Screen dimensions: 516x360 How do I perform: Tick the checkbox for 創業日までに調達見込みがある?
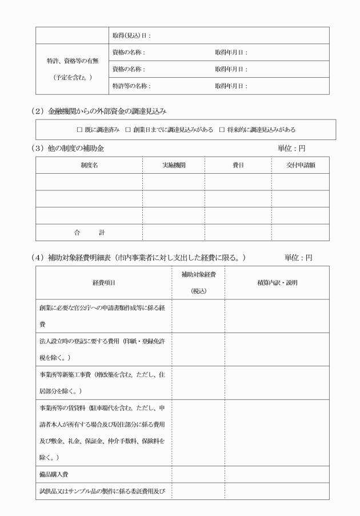pos(129,130)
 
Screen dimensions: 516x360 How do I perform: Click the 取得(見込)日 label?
pos(131,35)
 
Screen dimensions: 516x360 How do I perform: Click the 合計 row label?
pos(89,232)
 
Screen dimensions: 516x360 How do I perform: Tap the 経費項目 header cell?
pos(103,282)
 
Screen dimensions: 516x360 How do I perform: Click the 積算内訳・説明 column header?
pos(277,282)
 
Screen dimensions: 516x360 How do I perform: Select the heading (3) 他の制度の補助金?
pos(68,148)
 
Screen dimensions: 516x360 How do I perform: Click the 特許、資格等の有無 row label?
pos(72,60)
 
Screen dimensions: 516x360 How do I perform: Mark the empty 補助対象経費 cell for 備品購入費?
pos(198,474)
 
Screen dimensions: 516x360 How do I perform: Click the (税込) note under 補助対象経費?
pos(198,290)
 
